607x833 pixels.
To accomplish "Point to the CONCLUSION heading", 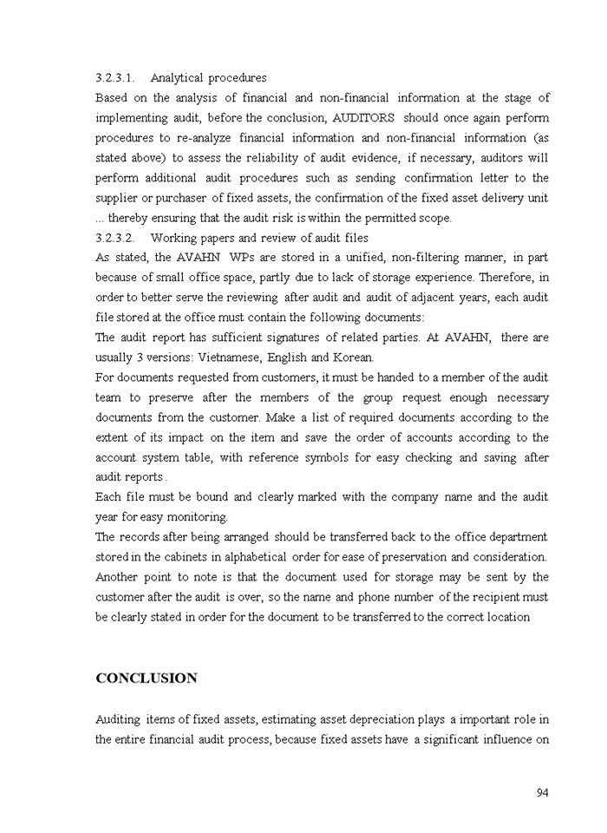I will coord(147,679).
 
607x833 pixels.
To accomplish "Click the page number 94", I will coord(542,792).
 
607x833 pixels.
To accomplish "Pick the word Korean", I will coord(354,357).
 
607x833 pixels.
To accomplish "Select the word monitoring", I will coord(199,517).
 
